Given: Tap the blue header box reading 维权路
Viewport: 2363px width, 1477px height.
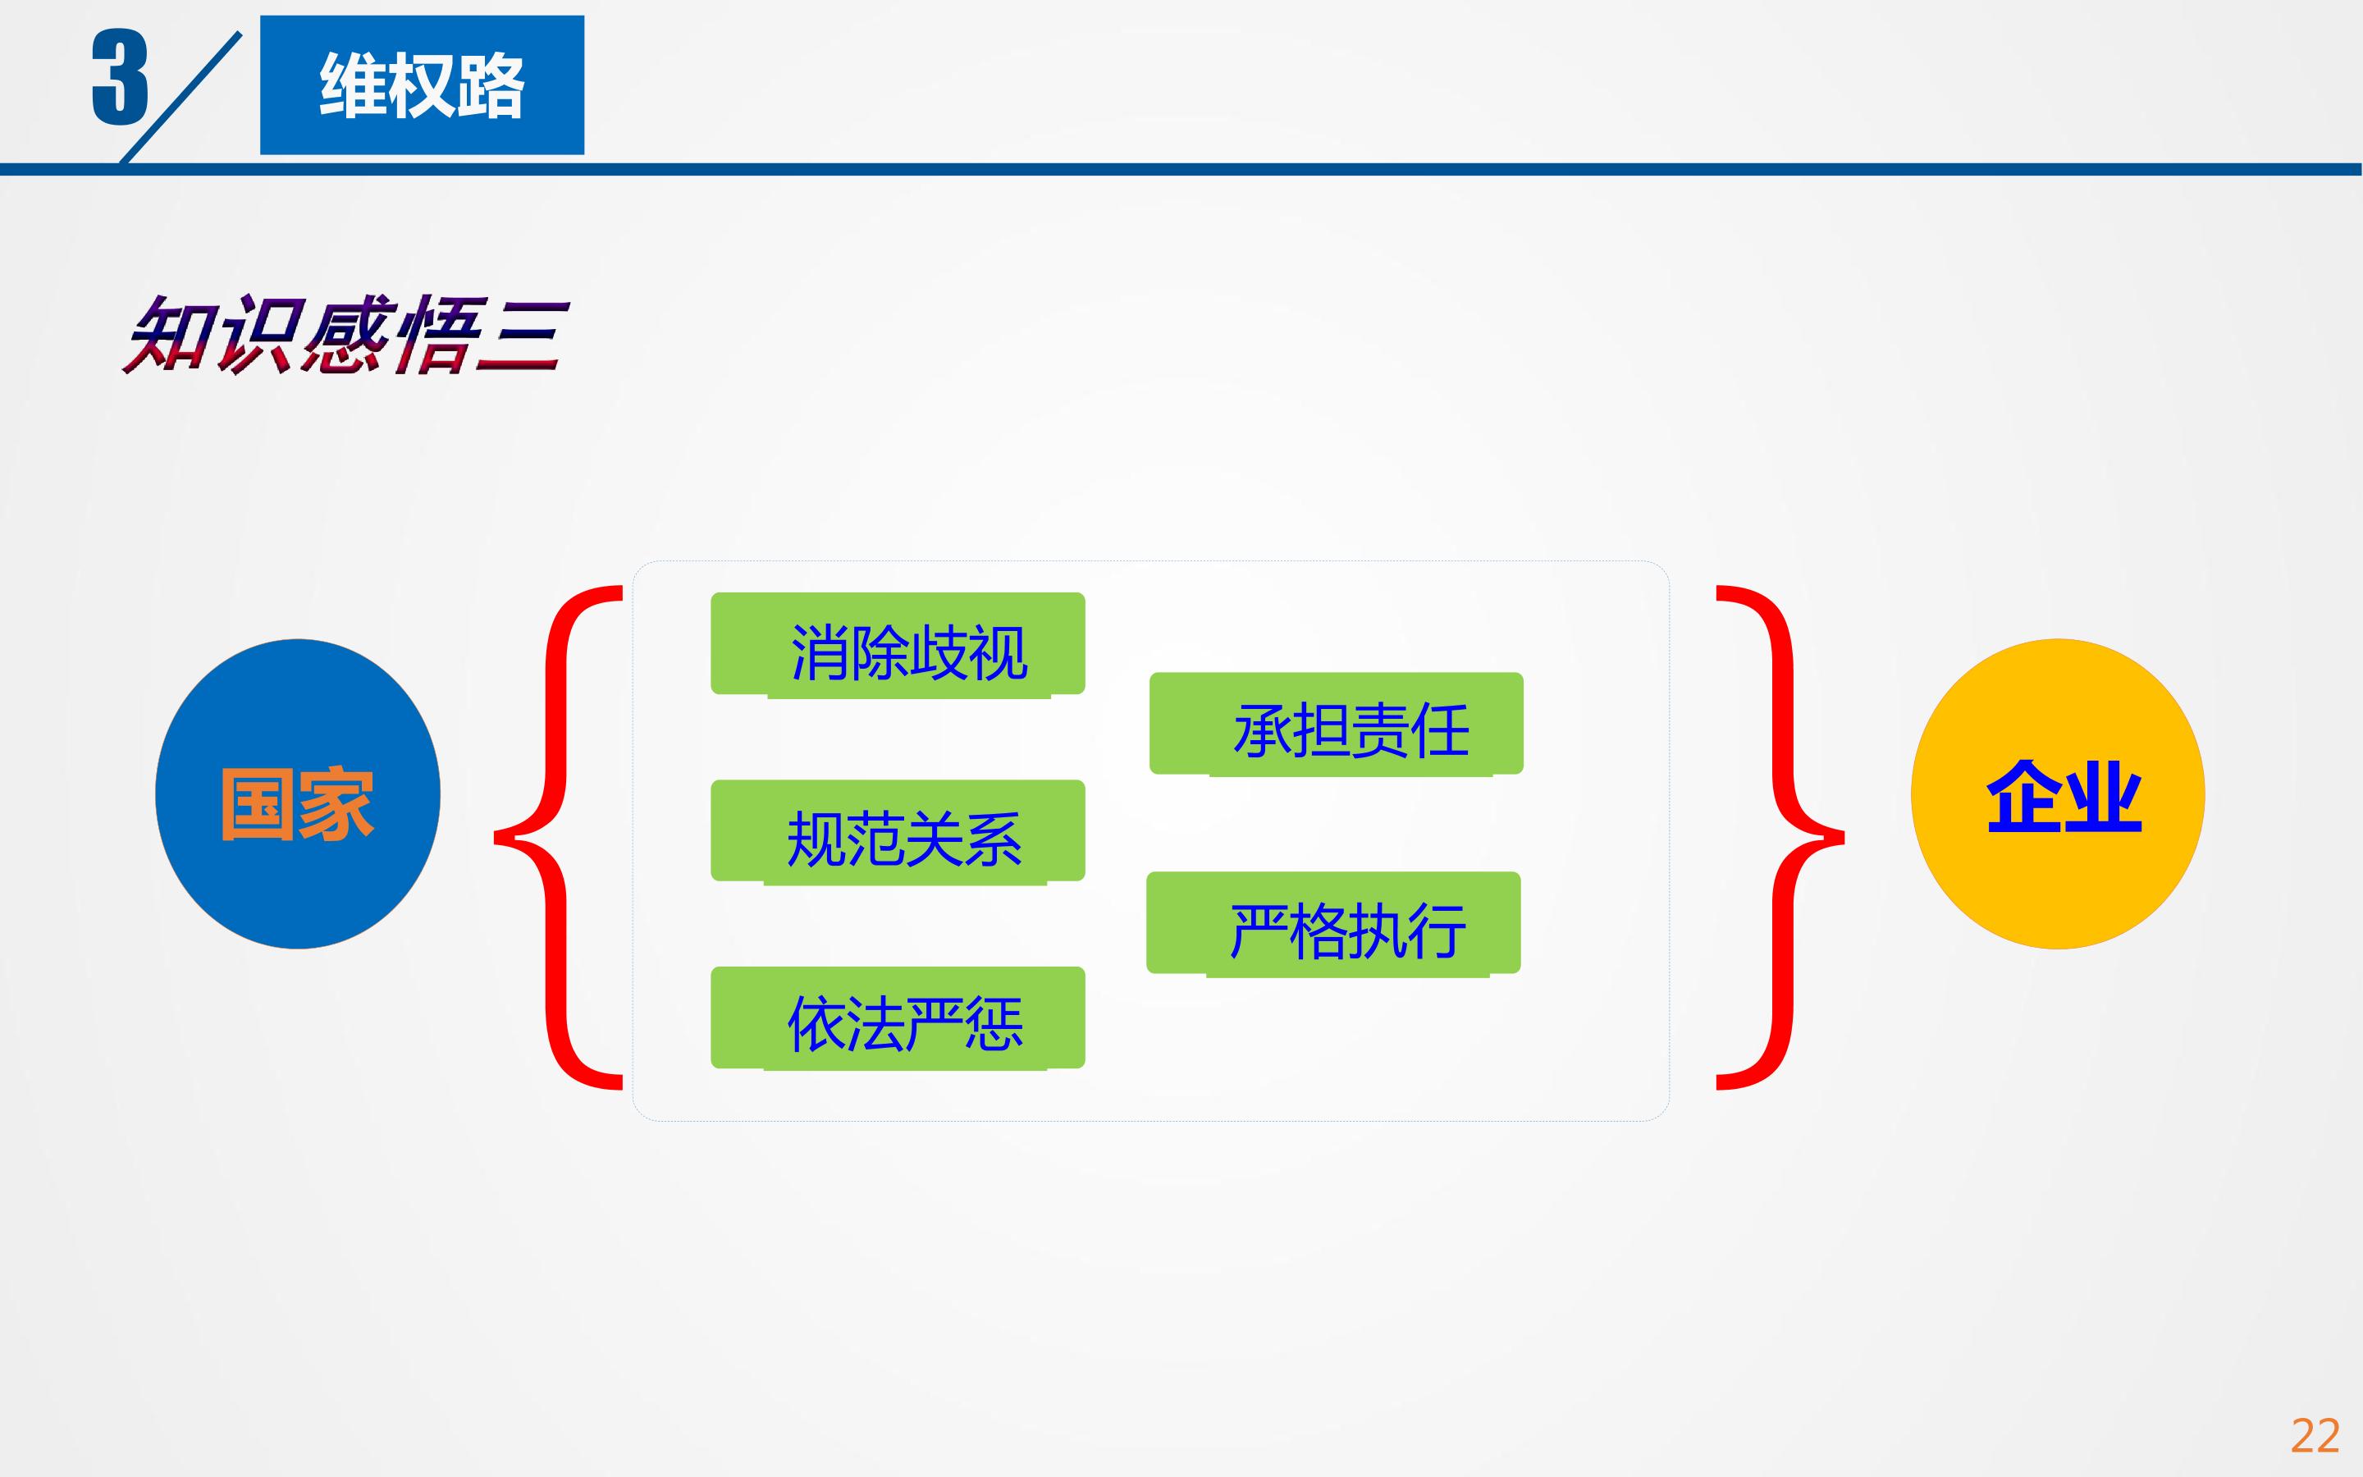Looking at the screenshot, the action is coord(422,85).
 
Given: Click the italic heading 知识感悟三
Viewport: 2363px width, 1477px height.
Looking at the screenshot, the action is coord(344,334).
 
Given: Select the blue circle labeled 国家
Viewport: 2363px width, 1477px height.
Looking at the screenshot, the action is coord(298,793).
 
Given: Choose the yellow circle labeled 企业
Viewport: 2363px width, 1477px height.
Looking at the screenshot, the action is coord(2058,793).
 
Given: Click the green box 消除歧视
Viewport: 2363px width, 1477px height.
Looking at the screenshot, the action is coord(898,645).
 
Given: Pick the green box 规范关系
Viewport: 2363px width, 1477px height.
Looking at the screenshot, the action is coord(898,832).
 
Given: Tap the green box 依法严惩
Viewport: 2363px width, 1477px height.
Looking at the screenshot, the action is coord(898,1017).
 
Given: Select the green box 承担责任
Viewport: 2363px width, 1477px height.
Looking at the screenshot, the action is coord(1336,724).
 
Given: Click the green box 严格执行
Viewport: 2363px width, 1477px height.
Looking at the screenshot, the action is coord(1332,923).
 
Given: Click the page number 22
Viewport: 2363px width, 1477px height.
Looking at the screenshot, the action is coord(2315,1435).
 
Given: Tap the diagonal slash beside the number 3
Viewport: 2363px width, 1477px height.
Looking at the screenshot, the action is coord(181,97).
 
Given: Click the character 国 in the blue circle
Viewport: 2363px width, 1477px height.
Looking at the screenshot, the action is coord(258,804).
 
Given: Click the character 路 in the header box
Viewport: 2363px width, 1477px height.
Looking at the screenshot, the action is coord(490,86).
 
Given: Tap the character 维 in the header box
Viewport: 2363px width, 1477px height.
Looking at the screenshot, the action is coord(354,86).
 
